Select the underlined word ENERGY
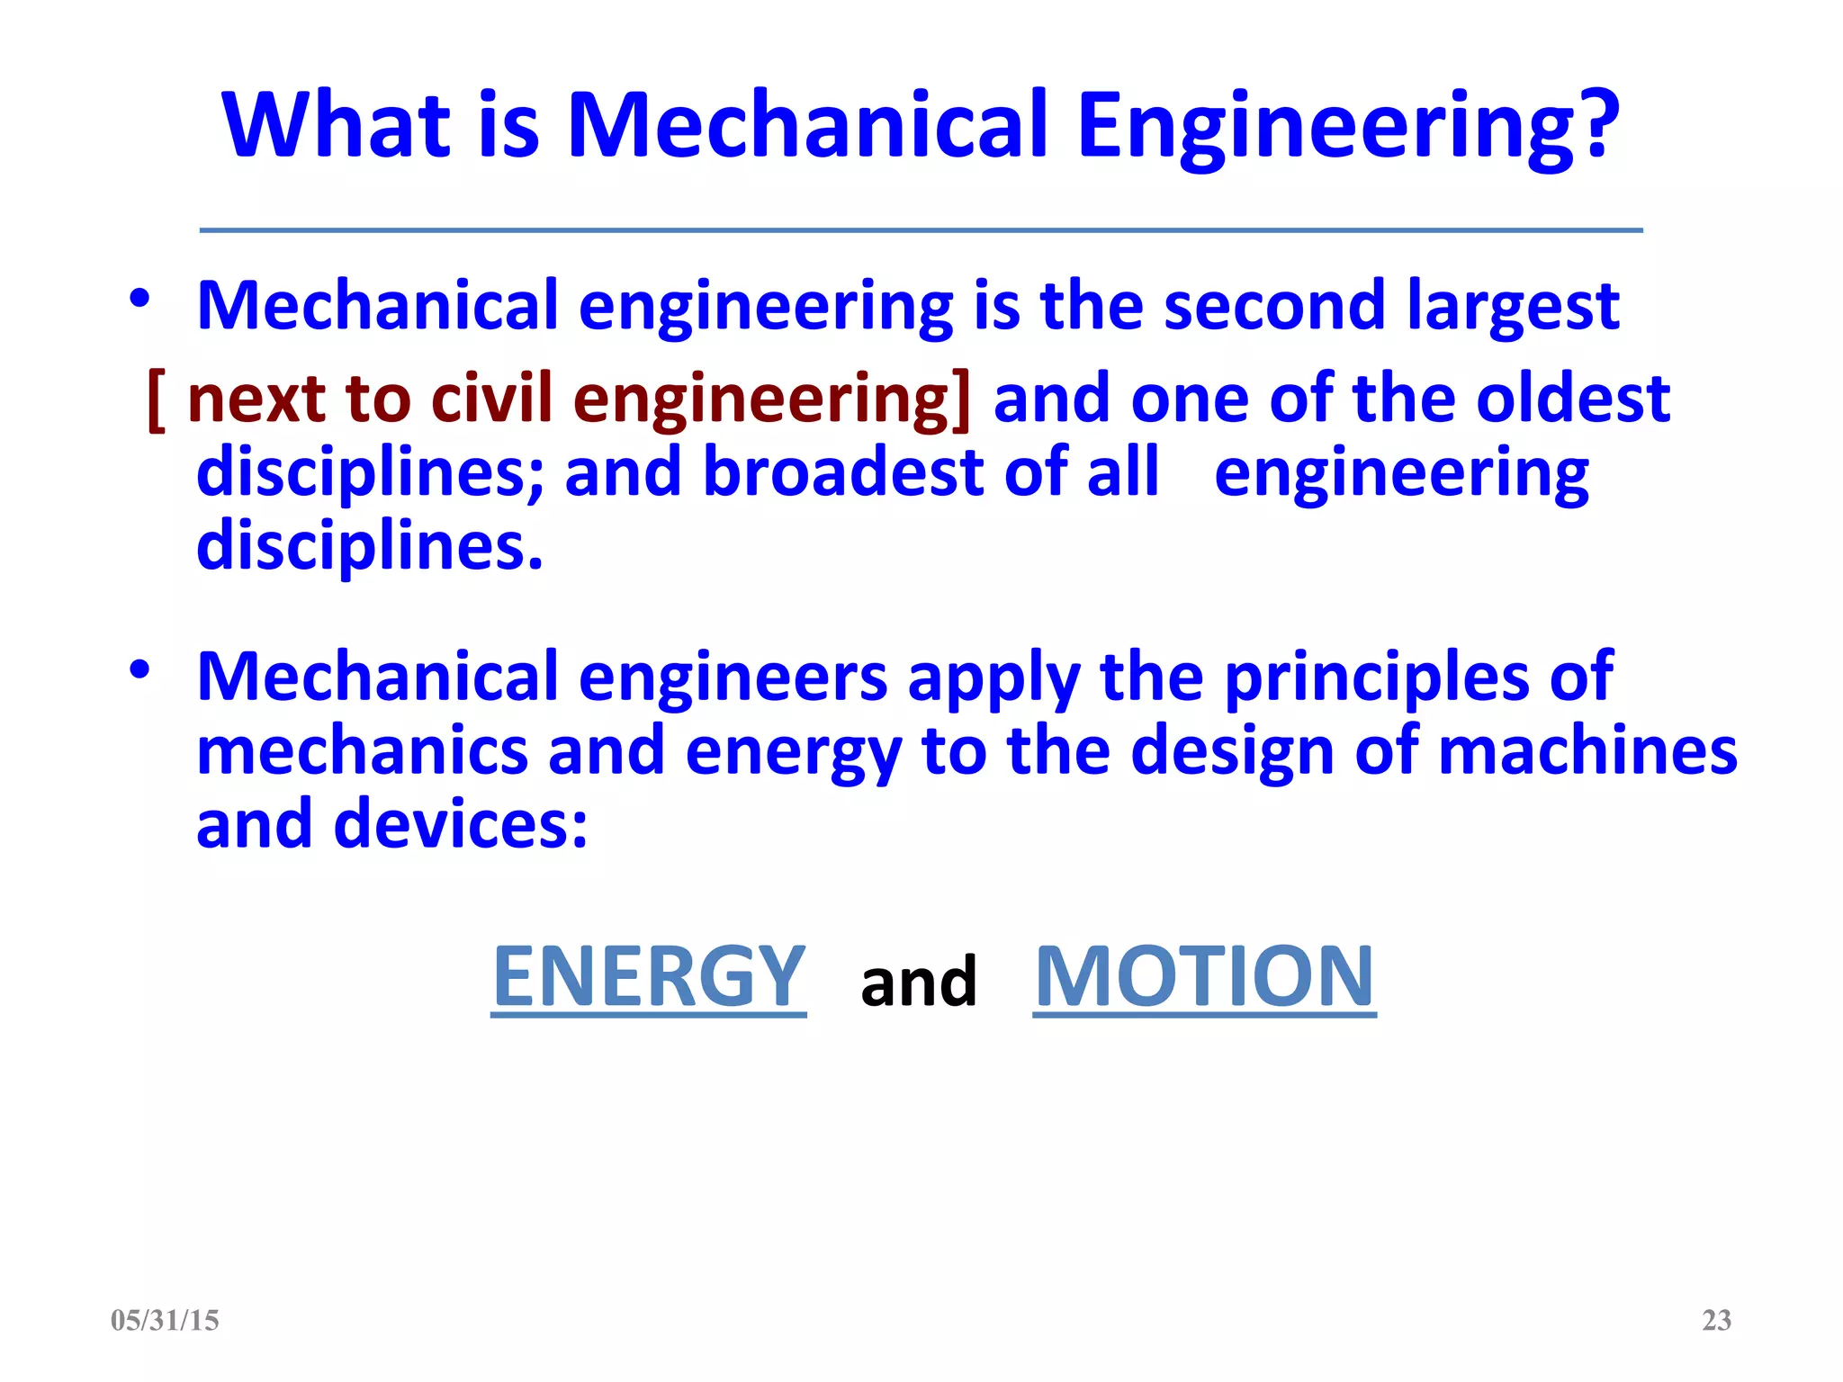(x=649, y=977)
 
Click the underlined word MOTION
(x=1204, y=977)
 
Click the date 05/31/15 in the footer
(x=165, y=1320)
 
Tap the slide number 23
(x=1716, y=1320)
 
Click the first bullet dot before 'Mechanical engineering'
(x=139, y=299)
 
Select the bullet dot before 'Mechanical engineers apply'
(x=139, y=669)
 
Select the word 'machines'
(x=1587, y=750)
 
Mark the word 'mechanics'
(x=362, y=750)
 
